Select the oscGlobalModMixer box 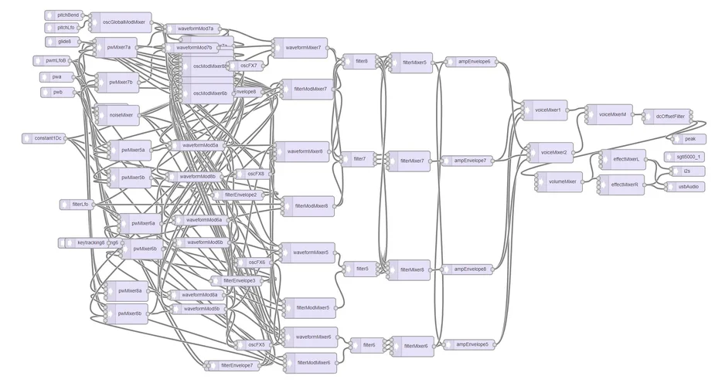(124, 22)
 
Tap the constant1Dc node (46, 138)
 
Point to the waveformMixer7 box (302, 48)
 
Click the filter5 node (361, 269)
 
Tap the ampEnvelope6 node (472, 61)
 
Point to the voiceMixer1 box (547, 110)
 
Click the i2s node (686, 171)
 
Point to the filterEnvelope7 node (236, 365)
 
